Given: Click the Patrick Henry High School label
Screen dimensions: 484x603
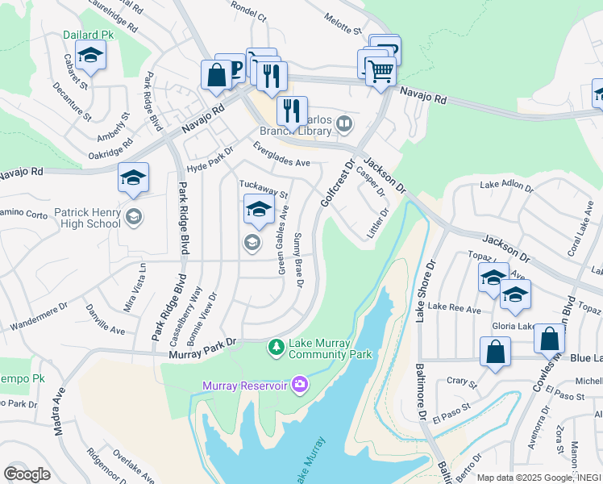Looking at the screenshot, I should point(87,218).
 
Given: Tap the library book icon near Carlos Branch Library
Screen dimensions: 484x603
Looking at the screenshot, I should point(345,123).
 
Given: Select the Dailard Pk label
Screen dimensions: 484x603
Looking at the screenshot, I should point(89,35).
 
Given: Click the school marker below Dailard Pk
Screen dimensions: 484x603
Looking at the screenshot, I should point(90,56).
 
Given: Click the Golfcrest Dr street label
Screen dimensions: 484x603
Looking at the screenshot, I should point(337,184).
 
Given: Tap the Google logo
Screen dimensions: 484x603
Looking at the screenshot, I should point(27,474).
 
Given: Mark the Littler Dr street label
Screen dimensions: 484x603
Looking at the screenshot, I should point(378,223).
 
